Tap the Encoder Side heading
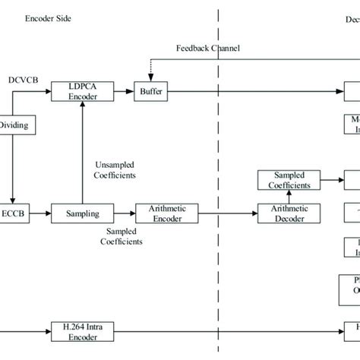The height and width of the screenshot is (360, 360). (x=47, y=17)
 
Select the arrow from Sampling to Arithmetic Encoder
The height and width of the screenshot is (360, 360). (x=122, y=213)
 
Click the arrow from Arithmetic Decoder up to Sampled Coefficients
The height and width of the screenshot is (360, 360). (x=284, y=197)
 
